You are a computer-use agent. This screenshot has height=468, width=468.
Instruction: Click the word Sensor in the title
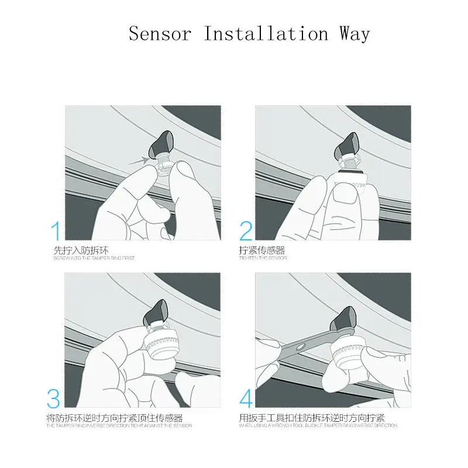coord(160,33)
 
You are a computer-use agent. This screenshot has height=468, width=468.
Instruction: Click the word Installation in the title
coord(266,33)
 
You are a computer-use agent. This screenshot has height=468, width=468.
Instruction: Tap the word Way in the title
coord(354,33)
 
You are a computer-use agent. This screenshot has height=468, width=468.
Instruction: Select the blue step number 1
coord(56,231)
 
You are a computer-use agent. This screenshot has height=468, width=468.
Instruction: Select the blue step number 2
coord(246,231)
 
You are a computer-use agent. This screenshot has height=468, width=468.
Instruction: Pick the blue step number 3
coord(54,400)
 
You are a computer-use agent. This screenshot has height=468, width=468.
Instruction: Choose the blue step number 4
coord(246,400)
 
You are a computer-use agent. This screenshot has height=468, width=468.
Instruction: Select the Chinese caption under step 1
coord(81,250)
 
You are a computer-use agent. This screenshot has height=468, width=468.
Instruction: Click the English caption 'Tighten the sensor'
coord(263,258)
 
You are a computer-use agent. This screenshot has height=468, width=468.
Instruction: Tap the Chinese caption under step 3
coord(114,418)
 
